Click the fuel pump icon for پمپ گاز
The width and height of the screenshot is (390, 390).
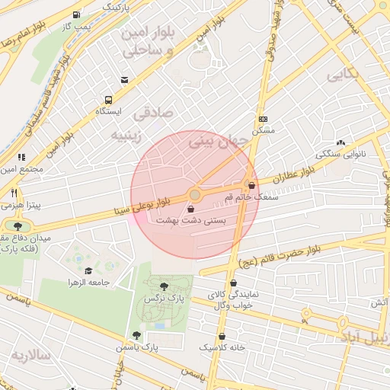pyautogui.click(x=75, y=15)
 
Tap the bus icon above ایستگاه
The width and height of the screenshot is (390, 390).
pyautogui.click(x=107, y=100)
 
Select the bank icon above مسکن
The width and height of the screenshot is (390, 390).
pyautogui.click(x=264, y=119)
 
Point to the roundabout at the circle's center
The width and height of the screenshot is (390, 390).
pyautogui.click(x=195, y=195)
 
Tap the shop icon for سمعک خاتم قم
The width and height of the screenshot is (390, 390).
pyautogui.click(x=251, y=185)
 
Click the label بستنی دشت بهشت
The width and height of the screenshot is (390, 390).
pyautogui.click(x=190, y=219)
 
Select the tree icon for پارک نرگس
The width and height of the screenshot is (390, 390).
pyautogui.click(x=165, y=286)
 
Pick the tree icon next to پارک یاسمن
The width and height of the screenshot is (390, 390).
pyautogui.click(x=136, y=335)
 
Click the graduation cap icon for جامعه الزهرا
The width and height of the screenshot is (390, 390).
pyautogui.click(x=88, y=270)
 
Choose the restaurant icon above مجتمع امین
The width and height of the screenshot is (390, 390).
pyautogui.click(x=21, y=157)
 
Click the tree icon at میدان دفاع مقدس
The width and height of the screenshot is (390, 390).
pyautogui.click(x=18, y=225)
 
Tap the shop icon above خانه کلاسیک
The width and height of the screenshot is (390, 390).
pyautogui.click(x=222, y=336)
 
